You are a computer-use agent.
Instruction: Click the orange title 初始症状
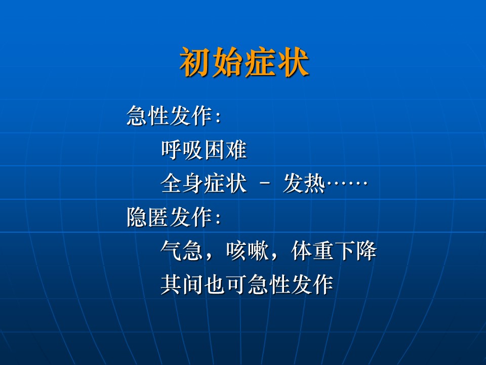point(244,62)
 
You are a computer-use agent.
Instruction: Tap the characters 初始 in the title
point(212,62)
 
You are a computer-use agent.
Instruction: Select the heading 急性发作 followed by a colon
point(174,116)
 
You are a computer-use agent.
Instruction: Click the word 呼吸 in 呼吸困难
point(182,150)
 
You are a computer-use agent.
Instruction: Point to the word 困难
point(225,150)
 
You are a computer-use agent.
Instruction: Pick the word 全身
point(182,183)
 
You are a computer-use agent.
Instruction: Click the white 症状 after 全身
point(225,183)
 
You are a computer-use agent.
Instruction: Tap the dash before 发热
point(264,184)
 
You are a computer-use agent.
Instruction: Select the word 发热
point(304,183)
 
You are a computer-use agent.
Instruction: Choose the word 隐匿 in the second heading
point(147,217)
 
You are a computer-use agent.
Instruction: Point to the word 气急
point(182,250)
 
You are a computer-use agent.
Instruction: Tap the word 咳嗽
point(247,250)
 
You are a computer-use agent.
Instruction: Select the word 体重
point(312,250)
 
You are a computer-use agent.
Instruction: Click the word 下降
point(356,250)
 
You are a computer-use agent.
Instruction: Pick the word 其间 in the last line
point(182,284)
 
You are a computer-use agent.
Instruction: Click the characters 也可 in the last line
point(225,284)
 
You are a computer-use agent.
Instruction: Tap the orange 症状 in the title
point(276,62)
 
